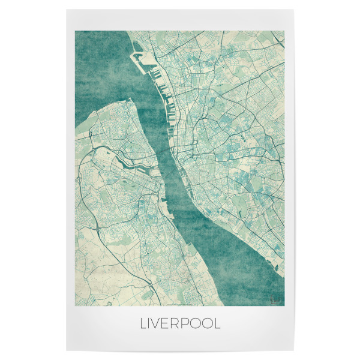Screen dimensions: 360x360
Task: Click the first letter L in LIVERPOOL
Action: click(143, 324)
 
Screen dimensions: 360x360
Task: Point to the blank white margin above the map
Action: click(180, 19)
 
